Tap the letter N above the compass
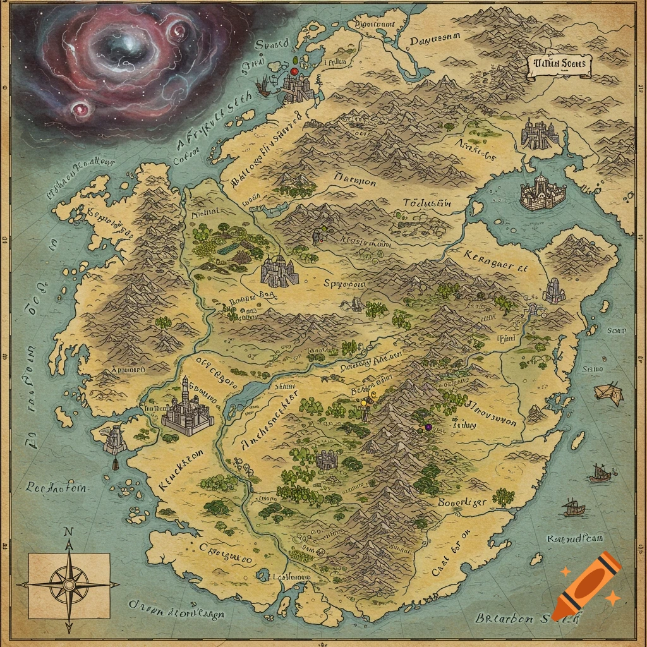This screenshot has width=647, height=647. click(68, 531)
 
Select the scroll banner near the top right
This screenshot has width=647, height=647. click(559, 65)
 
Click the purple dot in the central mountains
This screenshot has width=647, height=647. click(428, 428)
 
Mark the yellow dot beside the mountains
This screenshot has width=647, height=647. click(364, 401)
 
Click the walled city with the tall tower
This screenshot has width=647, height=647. click(186, 409)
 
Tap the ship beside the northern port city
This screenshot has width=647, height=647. click(264, 87)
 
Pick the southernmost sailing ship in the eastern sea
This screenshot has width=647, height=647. click(574, 507)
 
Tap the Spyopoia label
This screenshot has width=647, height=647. click(344, 284)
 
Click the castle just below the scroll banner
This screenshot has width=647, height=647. click(541, 135)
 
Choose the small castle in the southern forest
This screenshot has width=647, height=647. click(327, 459)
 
